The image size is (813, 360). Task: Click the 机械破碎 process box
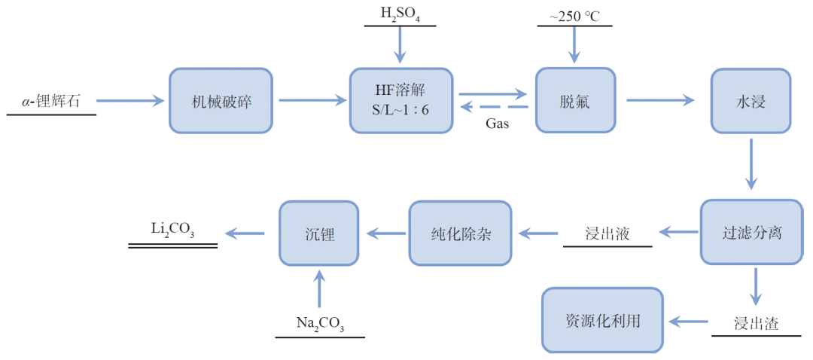click(x=221, y=101)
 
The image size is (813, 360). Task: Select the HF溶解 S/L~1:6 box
click(x=400, y=101)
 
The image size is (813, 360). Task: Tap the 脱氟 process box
click(x=574, y=101)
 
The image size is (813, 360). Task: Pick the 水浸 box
click(x=750, y=101)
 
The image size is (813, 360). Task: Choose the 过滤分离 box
click(x=751, y=232)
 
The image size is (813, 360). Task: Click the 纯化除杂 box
click(x=459, y=233)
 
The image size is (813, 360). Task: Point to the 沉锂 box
click(x=319, y=233)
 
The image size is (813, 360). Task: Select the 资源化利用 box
click(x=602, y=320)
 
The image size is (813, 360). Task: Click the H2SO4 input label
click(x=400, y=14)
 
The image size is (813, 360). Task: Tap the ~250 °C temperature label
click(x=574, y=14)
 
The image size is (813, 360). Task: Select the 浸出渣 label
click(x=756, y=324)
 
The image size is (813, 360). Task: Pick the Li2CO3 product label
click(x=172, y=232)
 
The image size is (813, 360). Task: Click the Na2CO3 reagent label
click(x=320, y=324)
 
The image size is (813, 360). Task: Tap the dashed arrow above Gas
click(x=494, y=108)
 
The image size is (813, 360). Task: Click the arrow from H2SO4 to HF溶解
click(x=400, y=46)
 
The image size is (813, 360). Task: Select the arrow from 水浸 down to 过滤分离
click(x=751, y=163)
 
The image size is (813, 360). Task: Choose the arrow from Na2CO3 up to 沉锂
click(x=319, y=290)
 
